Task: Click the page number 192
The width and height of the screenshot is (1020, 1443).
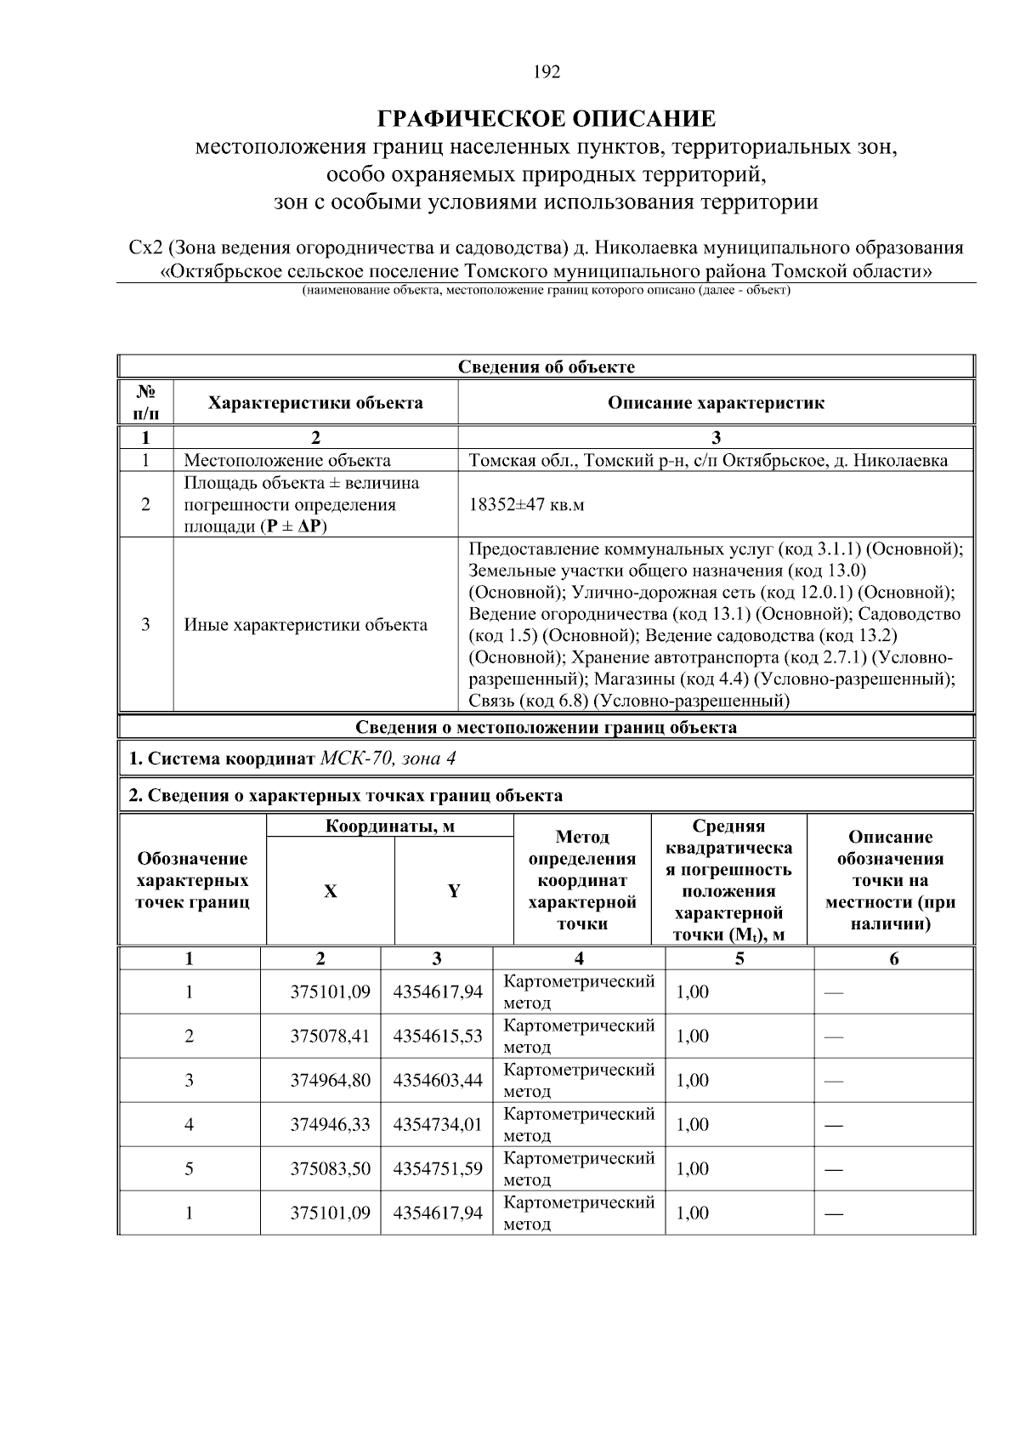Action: tap(547, 72)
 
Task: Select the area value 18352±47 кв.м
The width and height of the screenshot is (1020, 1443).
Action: tap(527, 504)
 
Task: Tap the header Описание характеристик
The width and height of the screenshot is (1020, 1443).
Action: tap(716, 403)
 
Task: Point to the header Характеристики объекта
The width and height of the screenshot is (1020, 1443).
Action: tap(315, 403)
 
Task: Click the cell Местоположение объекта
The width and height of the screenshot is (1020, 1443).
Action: tap(287, 461)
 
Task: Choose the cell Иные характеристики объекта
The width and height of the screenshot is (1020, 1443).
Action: tap(306, 625)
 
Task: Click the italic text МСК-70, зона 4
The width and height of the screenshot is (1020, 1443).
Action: tap(393, 758)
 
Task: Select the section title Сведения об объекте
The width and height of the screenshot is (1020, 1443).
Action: tap(547, 367)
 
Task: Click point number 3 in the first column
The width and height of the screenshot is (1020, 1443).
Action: tap(189, 1080)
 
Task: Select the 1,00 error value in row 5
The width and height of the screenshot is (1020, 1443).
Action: tap(692, 1168)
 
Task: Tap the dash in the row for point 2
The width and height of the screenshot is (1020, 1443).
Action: tap(833, 1037)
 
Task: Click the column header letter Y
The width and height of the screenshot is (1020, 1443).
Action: tap(454, 891)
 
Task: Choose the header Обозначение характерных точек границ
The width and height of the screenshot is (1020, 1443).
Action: tap(193, 880)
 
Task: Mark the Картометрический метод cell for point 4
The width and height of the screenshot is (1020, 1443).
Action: tap(579, 1124)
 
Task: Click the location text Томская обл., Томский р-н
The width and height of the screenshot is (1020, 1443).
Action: tap(578, 461)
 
